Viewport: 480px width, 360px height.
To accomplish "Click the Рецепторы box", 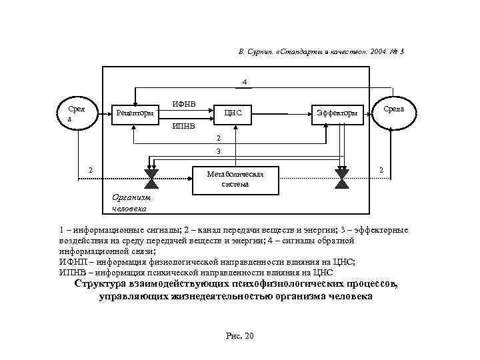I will [x=135, y=113].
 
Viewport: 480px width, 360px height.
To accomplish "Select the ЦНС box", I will [x=233, y=113].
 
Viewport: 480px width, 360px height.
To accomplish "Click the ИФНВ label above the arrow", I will [x=184, y=103].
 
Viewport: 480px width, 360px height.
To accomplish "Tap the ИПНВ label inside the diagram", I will [x=184, y=125].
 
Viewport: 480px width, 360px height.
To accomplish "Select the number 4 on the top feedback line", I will [x=245, y=82].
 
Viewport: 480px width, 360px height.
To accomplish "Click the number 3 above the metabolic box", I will [x=217, y=152].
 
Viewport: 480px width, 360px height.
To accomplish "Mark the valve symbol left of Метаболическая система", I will [x=150, y=175].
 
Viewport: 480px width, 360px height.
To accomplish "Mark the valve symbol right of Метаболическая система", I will [x=343, y=175].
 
